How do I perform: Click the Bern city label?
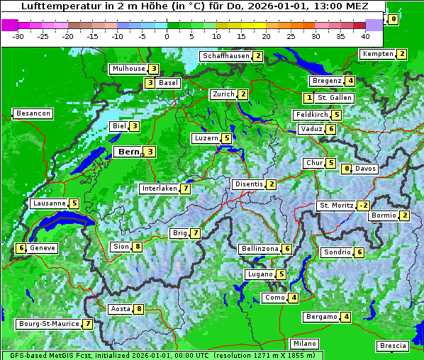pyautogui.click(x=128, y=152)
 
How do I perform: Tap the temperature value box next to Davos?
pyautogui.click(x=347, y=169)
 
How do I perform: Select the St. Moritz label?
pyautogui.click(x=335, y=206)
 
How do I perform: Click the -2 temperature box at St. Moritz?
pyautogui.click(x=363, y=206)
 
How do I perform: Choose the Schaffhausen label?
pyautogui.click(x=225, y=56)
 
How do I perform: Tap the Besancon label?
pyautogui.click(x=33, y=113)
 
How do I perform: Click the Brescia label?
pyautogui.click(x=393, y=346)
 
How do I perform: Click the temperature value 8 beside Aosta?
pyautogui.click(x=139, y=308)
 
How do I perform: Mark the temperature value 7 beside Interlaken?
pyautogui.click(x=185, y=189)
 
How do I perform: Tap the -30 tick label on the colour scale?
pyautogui.click(x=19, y=35)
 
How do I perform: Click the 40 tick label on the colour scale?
pyautogui.click(x=365, y=35)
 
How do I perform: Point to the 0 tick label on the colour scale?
pyautogui.click(x=167, y=35)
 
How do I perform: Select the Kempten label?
pyautogui.click(x=377, y=54)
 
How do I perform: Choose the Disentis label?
pyautogui.click(x=249, y=184)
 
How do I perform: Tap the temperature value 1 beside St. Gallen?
pyautogui.click(x=309, y=97)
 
